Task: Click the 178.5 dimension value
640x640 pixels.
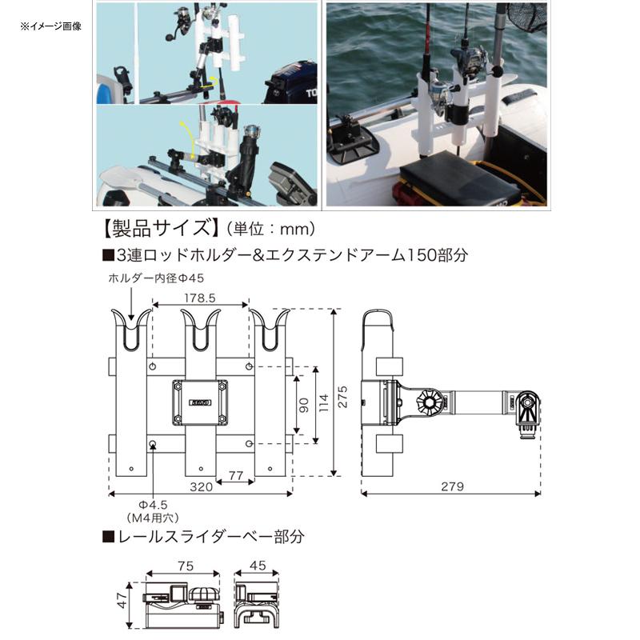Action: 200,297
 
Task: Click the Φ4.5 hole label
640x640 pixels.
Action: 151,504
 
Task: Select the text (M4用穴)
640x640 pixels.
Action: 151,518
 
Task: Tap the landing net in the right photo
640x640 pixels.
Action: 527,16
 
